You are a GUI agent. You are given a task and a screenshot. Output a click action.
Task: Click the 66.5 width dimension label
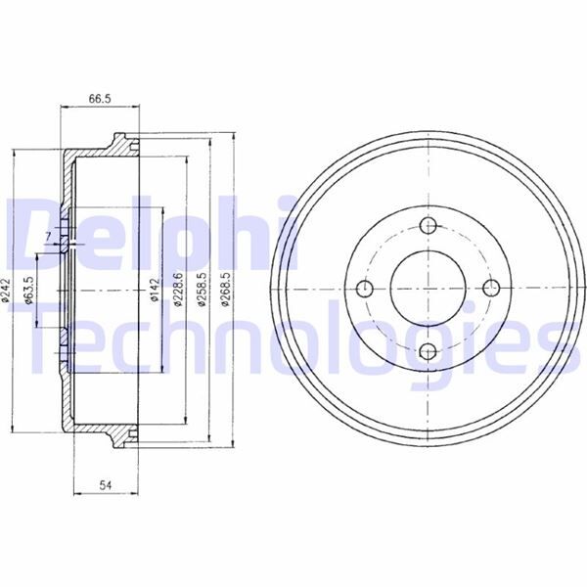tap(100, 99)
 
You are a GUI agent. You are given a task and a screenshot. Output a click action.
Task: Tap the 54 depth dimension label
tap(106, 485)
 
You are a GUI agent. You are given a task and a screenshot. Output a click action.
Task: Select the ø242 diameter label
tap(5, 291)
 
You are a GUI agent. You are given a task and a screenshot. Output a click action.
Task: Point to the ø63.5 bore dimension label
tap(28, 292)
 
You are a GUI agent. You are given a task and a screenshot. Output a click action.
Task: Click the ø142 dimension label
tap(155, 290)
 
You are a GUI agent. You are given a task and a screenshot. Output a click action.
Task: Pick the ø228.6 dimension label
tap(178, 291)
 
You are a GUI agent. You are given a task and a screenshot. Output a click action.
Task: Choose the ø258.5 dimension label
tap(202, 291)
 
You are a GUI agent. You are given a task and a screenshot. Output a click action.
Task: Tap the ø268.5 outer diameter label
tap(225, 291)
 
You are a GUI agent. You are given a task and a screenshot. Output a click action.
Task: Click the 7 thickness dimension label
tap(48, 236)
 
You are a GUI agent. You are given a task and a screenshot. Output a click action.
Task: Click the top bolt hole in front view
tap(428, 225)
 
